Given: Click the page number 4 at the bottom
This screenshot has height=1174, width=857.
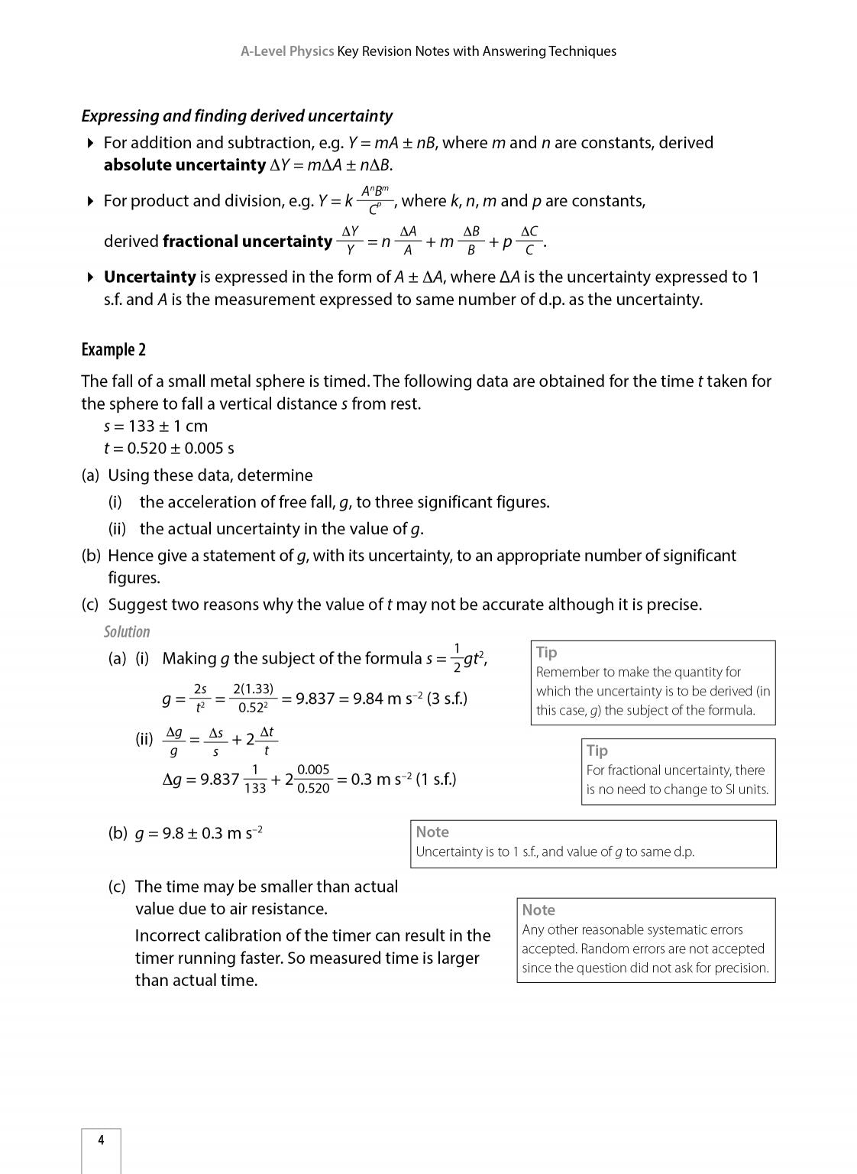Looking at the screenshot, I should [101, 1140].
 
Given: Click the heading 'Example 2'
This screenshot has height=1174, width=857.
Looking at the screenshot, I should [113, 350].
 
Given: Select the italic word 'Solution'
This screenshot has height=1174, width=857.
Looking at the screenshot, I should [127, 632].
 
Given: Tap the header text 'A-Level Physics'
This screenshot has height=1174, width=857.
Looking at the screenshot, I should [287, 51].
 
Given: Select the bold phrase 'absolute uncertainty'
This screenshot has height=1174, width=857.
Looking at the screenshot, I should [184, 165].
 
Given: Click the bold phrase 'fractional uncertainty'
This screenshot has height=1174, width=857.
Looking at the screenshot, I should [247, 242].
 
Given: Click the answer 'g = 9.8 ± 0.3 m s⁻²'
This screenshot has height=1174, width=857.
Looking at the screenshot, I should [199, 834].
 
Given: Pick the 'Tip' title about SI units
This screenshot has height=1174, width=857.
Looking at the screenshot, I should [597, 751].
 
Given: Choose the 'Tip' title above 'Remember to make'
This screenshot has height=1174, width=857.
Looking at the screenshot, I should [547, 653].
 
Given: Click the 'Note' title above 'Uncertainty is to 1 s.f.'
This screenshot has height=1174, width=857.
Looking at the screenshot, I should [432, 832].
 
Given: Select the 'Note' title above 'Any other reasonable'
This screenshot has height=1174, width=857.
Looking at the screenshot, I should [538, 910].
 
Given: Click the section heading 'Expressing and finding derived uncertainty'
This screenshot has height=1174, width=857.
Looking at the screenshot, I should [237, 116].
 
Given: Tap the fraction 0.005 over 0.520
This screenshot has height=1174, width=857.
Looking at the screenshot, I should [313, 780].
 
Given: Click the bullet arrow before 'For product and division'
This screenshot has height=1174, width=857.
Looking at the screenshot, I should [90, 202].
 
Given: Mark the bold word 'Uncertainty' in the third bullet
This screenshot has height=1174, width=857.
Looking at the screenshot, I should [150, 277].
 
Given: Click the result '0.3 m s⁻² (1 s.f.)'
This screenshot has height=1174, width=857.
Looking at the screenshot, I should [403, 780].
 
